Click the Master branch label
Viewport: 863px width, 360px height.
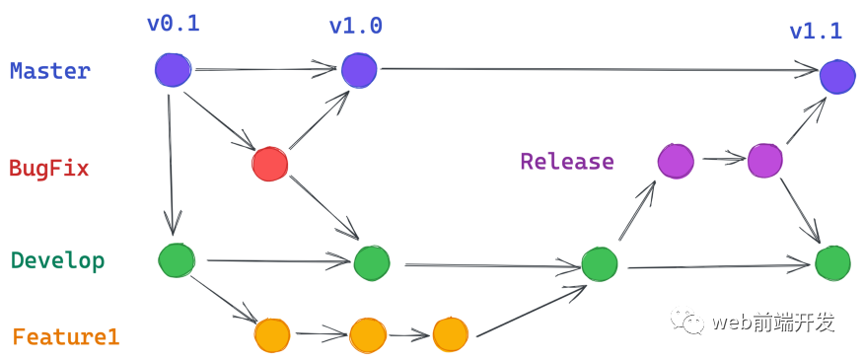[50, 72]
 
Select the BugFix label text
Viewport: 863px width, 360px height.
[49, 169]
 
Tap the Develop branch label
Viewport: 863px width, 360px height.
[58, 260]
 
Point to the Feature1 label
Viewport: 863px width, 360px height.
[65, 337]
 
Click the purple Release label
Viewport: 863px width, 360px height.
[567, 162]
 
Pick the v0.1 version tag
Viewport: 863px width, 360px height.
[173, 25]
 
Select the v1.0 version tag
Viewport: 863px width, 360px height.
[355, 27]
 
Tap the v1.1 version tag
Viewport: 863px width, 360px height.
[816, 31]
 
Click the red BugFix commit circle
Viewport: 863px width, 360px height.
[269, 164]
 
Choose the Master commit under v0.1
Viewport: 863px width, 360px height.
[173, 70]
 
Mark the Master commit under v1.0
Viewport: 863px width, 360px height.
[359, 70]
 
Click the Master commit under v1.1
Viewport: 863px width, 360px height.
[837, 76]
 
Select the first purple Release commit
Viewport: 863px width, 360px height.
[676, 162]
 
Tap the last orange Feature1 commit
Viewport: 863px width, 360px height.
[450, 334]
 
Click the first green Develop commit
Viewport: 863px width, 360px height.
[177, 260]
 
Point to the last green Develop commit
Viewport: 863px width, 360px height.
[832, 263]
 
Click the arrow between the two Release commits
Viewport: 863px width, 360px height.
[723, 159]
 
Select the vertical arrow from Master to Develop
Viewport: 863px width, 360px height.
[171, 165]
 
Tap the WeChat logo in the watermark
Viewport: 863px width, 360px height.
[687, 322]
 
